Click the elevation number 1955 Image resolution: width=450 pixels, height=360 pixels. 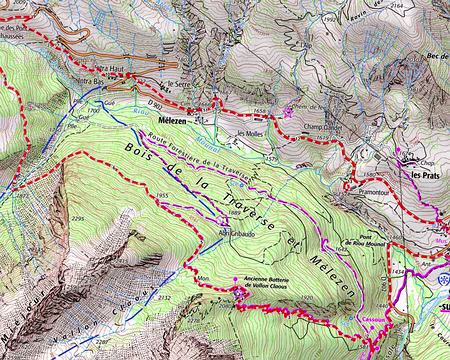[x=165, y=196]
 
